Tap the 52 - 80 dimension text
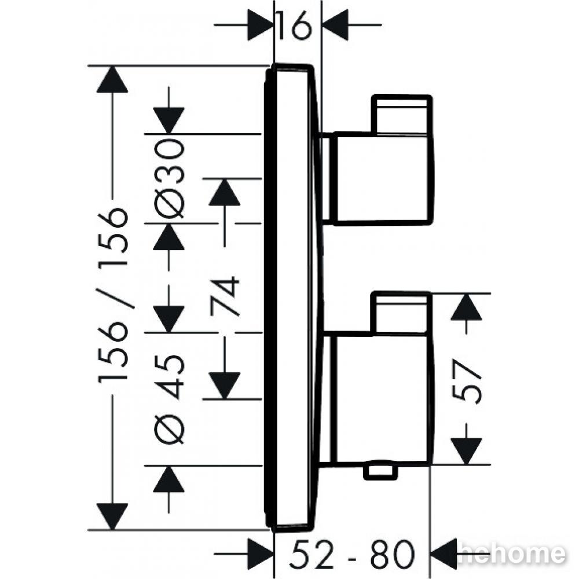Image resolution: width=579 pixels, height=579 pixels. coord(352,554)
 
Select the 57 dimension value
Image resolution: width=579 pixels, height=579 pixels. coord(467,382)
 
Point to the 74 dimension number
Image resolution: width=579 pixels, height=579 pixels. coord(225,296)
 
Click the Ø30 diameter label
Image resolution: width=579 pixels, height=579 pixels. coord(168,178)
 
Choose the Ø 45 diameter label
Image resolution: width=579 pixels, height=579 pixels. coord(169,399)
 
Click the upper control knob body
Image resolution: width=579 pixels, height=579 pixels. coord(383,178)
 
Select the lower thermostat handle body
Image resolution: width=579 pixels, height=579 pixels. coord(383,400)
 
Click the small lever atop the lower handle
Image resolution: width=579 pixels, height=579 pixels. coord(401,313)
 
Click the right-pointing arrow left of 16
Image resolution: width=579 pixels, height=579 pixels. coord(244,25)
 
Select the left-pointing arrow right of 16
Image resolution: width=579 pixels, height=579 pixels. coord(351,25)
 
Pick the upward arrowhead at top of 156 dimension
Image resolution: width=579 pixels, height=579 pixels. coord(112,79)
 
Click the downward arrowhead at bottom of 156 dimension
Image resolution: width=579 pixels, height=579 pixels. coord(112,516)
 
